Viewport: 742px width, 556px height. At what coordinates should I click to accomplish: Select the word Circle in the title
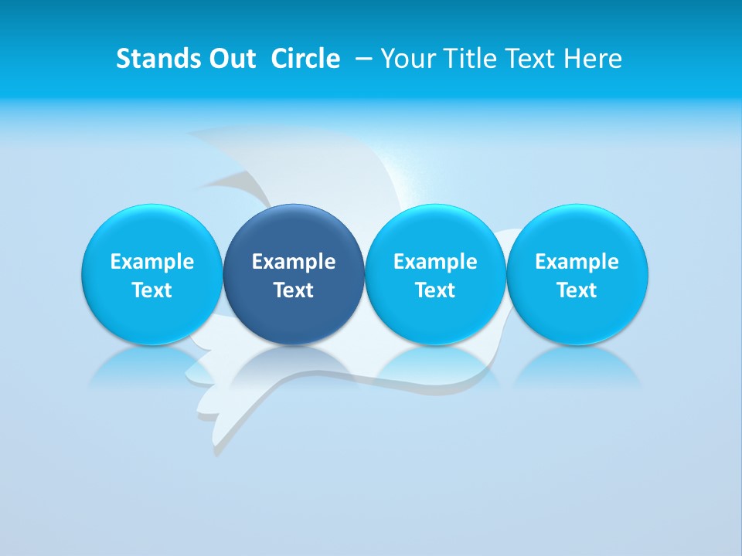(x=305, y=59)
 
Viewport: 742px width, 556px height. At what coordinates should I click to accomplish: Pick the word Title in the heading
(x=465, y=59)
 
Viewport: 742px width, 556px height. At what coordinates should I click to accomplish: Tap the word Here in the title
(x=592, y=59)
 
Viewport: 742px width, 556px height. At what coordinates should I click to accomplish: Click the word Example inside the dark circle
(x=294, y=262)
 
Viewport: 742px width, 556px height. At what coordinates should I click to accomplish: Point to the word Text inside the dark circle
(x=294, y=290)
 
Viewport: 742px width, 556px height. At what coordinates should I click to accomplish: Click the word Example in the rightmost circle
(x=577, y=262)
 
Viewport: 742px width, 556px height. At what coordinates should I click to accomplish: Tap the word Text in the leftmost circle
(x=152, y=290)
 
